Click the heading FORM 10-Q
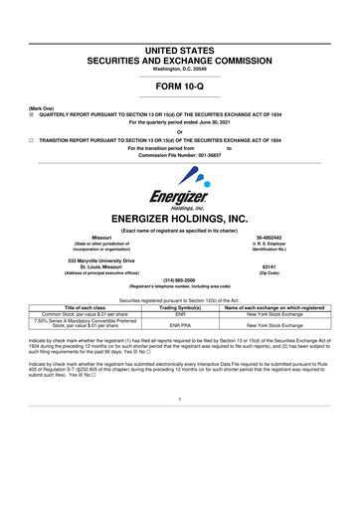[180, 85]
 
